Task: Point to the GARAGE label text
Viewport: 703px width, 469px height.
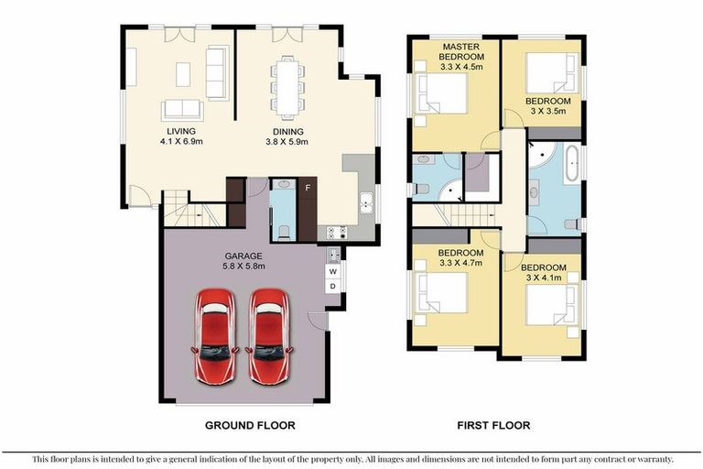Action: pos(243,256)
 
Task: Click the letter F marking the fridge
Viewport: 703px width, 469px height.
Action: pos(307,189)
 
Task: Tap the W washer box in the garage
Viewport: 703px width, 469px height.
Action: pos(333,271)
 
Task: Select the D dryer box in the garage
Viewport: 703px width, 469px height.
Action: pos(333,287)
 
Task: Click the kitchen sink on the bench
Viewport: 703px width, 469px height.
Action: pos(365,203)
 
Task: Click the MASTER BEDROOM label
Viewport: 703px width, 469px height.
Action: pos(462,52)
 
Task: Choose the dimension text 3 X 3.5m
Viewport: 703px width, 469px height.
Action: pos(547,111)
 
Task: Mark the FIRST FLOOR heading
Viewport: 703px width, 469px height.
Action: pos(492,425)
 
